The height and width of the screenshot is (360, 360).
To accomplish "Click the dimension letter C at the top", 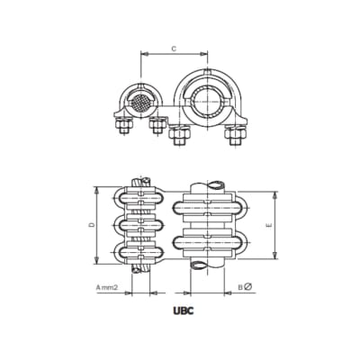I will [x=172, y=47].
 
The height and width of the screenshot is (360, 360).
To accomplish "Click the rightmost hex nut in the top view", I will [x=236, y=140].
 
